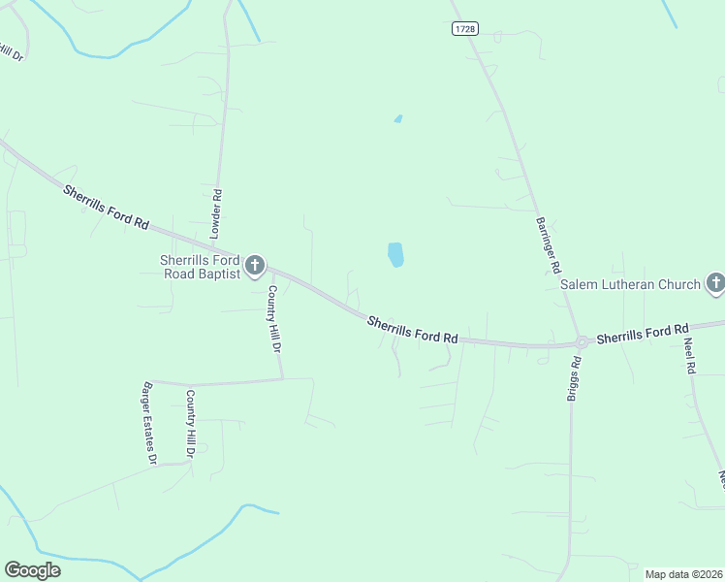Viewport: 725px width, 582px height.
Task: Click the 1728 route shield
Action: point(465,29)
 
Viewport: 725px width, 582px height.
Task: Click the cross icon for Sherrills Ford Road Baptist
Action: point(255,265)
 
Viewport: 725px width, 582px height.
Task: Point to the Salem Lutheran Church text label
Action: point(630,284)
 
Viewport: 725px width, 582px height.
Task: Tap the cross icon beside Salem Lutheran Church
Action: point(715,283)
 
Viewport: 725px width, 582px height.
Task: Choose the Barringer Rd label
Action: point(549,243)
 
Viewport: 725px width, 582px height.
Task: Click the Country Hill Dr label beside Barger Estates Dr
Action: point(191,423)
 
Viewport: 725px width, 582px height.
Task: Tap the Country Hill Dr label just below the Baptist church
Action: point(273,317)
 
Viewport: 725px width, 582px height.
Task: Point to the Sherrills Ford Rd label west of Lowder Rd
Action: point(106,207)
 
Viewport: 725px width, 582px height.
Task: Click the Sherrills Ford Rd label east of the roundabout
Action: point(642,334)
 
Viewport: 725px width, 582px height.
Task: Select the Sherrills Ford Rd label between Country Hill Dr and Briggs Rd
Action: point(412,329)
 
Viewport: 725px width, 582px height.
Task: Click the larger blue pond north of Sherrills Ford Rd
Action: point(395,255)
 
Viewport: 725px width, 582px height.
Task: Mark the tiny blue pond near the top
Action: point(398,118)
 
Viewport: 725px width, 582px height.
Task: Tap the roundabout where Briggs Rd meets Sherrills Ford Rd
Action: point(582,341)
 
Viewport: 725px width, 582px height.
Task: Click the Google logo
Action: point(32,570)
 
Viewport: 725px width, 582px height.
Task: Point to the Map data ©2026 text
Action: point(684,574)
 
